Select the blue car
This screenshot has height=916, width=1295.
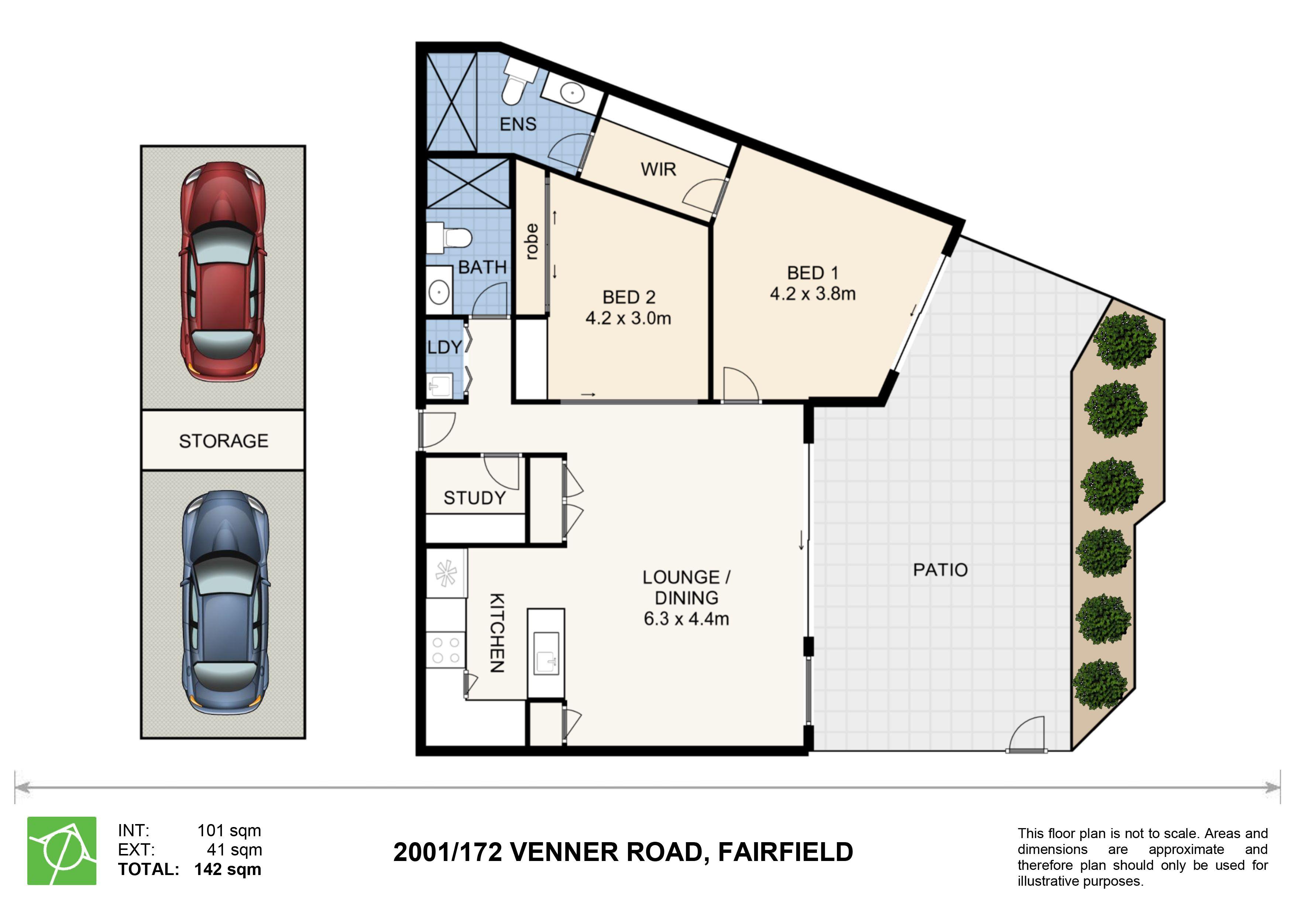pyautogui.click(x=224, y=603)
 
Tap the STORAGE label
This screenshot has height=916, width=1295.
pyautogui.click(x=223, y=440)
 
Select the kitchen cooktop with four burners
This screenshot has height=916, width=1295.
pyautogui.click(x=446, y=650)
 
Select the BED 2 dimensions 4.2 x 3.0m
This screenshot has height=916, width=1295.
pyautogui.click(x=628, y=318)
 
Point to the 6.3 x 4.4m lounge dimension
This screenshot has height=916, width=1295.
pyautogui.click(x=686, y=619)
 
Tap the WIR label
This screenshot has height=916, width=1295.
pyautogui.click(x=658, y=169)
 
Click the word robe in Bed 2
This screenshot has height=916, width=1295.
pyautogui.click(x=531, y=242)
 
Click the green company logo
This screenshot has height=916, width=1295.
pyautogui.click(x=62, y=851)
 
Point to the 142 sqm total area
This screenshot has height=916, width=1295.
pyautogui.click(x=227, y=869)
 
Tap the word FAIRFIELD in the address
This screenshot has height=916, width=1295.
pyautogui.click(x=785, y=852)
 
